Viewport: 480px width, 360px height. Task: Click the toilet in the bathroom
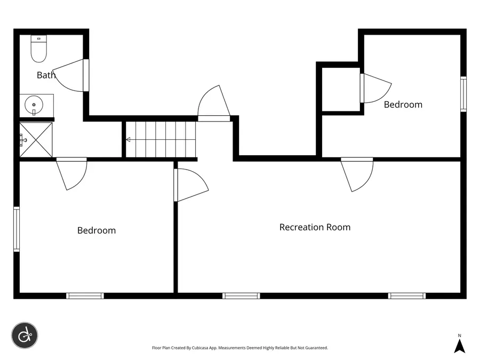coord(38,49)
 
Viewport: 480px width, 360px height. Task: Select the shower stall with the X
coord(36,140)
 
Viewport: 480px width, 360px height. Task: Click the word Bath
coord(46,75)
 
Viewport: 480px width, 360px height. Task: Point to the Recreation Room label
coord(315,227)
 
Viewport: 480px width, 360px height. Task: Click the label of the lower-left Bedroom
coord(97,230)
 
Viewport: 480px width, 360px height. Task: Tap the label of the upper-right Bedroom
coord(403,105)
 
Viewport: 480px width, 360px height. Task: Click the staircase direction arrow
coord(129,140)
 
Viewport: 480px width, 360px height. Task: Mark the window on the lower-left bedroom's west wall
coord(17,229)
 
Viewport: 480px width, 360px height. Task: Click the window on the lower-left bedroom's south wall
coord(85,295)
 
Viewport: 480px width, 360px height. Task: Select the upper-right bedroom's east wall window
coord(463,94)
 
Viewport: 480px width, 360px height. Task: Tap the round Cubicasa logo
coord(25,335)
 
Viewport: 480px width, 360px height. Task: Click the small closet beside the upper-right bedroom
coord(341,90)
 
